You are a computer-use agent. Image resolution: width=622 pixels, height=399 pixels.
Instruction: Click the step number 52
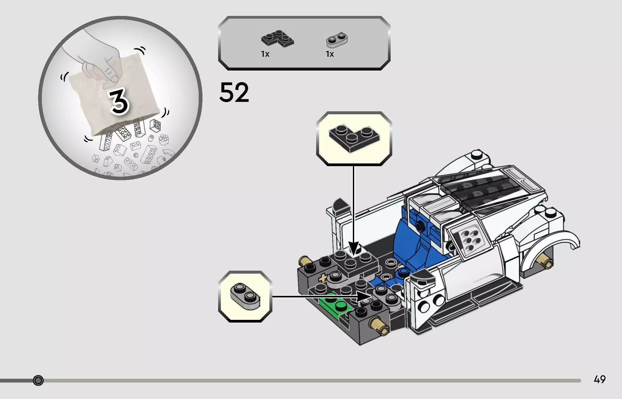click(234, 92)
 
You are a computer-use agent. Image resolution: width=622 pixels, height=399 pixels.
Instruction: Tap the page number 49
click(600, 379)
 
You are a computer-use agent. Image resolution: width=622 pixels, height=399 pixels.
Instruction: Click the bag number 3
click(119, 102)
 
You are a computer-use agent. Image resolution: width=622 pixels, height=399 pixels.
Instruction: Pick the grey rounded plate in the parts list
click(337, 39)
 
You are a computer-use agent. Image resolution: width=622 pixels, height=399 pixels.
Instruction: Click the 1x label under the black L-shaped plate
click(265, 54)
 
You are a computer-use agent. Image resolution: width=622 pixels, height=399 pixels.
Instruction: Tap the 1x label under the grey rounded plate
click(330, 54)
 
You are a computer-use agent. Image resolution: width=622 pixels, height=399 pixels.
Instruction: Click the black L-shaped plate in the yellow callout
click(354, 139)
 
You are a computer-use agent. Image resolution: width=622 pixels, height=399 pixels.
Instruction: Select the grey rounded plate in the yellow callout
click(245, 296)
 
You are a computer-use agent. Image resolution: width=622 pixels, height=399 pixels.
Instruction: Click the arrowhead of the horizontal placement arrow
click(364, 296)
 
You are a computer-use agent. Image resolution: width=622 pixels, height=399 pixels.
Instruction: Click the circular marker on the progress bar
click(38, 380)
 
